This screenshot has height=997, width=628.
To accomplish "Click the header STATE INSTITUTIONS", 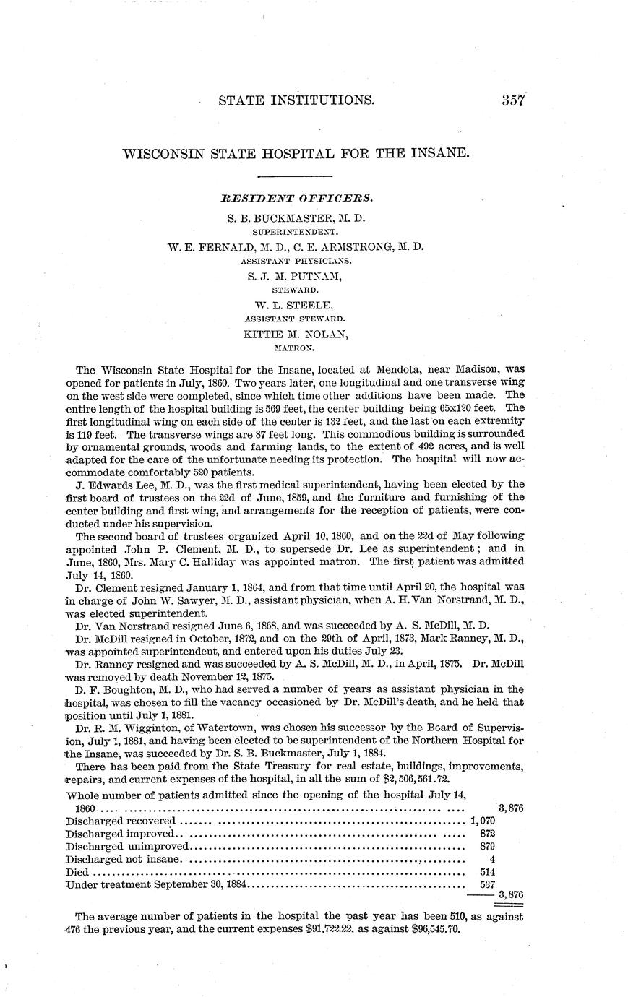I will click(x=296, y=100).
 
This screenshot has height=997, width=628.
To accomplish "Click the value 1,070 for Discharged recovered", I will click(x=481, y=821).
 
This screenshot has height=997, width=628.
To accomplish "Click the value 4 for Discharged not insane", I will click(x=491, y=859).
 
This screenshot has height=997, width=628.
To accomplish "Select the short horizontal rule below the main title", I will click(x=295, y=176).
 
